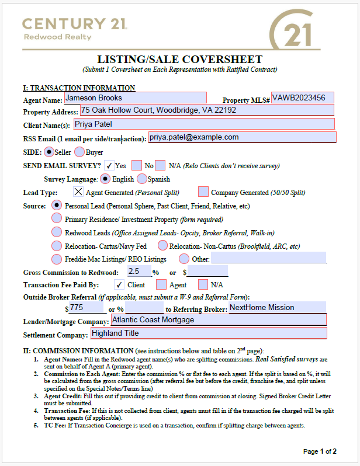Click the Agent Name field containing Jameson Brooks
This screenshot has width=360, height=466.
coord(134,98)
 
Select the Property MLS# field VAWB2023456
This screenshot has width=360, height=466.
coord(302,98)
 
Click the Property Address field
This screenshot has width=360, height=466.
coord(206,110)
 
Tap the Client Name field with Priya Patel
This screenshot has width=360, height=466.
coord(203,124)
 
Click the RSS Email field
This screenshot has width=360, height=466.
coord(242,137)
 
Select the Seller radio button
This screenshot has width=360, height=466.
coord(49,152)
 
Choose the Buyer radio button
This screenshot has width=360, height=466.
coord(80,152)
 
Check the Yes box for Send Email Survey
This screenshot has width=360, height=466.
coord(109,165)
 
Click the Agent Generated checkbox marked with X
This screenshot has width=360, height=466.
coord(78,192)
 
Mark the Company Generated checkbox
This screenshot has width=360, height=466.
coord(203,192)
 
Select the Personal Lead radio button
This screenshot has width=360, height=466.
coord(57,205)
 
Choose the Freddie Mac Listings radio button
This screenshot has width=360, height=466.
coord(57,259)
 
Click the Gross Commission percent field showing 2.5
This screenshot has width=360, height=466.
coord(139,272)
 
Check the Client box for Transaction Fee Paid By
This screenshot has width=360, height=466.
coord(119,284)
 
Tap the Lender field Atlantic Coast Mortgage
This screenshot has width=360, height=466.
coord(218,320)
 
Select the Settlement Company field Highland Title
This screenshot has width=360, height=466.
coord(208,333)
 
